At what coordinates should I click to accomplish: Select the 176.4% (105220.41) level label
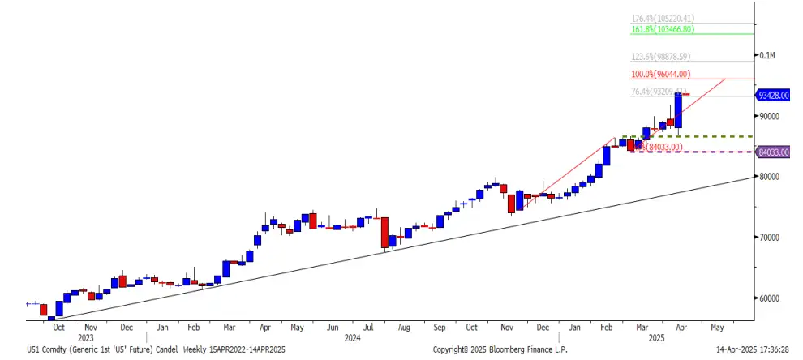point(663,18)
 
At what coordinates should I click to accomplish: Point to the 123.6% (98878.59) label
point(662,57)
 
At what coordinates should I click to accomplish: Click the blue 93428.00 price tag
point(774,95)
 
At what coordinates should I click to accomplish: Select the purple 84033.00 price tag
point(774,152)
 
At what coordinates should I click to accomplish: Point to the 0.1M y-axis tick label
point(767,56)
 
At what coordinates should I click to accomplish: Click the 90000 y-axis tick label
point(769,116)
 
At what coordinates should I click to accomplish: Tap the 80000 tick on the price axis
point(769,177)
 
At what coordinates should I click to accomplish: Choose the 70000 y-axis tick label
point(769,238)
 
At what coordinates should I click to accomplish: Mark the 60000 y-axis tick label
point(769,298)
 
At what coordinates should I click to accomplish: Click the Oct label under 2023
point(58,328)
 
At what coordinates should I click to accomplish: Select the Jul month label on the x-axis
point(367,328)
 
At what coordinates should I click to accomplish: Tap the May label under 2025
point(716,328)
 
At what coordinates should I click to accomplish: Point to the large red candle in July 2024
point(384,232)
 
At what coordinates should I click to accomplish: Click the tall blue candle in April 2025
point(678,111)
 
